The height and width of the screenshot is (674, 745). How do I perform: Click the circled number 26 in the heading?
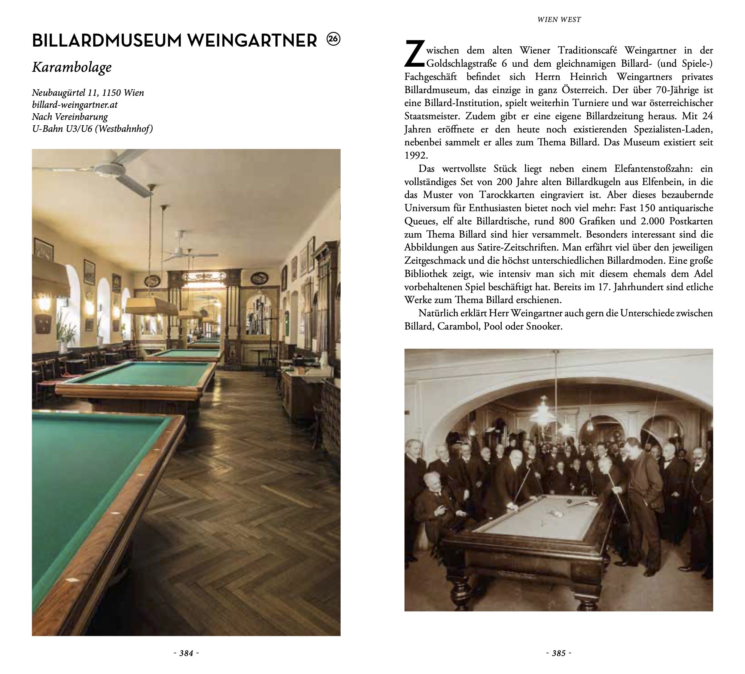point(333,39)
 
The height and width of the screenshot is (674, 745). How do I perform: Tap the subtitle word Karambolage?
point(72,67)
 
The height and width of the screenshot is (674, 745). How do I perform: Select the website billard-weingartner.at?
point(74,105)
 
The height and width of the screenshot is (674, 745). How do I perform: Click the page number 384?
point(186,653)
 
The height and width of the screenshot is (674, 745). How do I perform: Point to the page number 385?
point(558,653)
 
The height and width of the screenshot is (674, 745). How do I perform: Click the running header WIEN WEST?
point(559,20)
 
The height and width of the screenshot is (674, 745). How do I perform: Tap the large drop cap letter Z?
point(414,55)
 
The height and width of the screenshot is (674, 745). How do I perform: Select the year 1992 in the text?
point(416,156)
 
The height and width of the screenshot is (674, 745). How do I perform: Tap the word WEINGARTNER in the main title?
point(252,41)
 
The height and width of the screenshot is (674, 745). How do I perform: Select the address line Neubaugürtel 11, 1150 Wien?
point(88,93)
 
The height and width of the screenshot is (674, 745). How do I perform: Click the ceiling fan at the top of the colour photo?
point(111,166)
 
